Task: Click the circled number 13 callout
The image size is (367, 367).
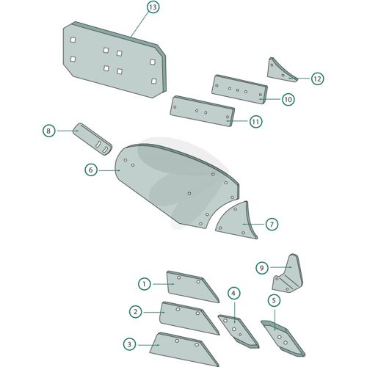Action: point(153,7)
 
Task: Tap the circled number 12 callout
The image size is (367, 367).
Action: point(317,79)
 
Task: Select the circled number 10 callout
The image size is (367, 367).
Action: point(288,100)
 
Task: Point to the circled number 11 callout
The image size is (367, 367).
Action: point(255,122)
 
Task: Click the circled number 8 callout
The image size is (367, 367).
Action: point(48,131)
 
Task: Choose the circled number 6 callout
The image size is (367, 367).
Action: point(91,170)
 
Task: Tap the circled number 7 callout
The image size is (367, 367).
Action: point(272,224)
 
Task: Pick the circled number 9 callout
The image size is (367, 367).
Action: point(262,268)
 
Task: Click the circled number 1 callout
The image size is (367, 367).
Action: point(145,284)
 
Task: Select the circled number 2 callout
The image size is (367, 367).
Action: point(136,312)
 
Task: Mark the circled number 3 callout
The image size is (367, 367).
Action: point(129,344)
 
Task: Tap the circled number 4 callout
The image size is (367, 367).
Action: point(233,293)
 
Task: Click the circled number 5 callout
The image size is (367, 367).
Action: point(274,300)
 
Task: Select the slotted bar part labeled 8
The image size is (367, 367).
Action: point(92,139)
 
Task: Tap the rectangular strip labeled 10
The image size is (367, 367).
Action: point(239,90)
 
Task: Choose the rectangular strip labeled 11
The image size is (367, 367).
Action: point(203,111)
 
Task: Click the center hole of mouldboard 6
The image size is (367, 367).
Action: point(189,193)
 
